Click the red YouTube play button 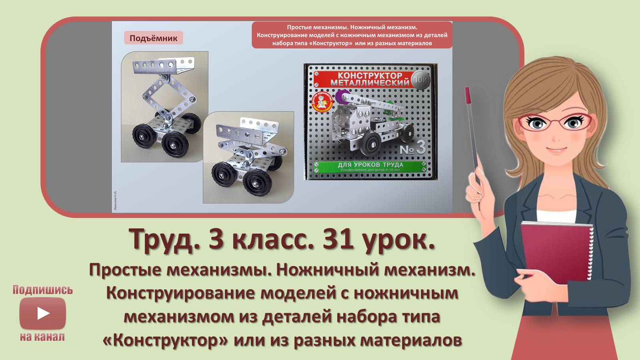[42, 313]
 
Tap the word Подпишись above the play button [42, 290]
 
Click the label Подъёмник [153, 38]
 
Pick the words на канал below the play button [42, 337]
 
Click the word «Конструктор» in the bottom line [166, 340]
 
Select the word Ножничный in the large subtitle [328, 270]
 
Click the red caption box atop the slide [352, 35]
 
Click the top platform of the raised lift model [164, 66]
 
